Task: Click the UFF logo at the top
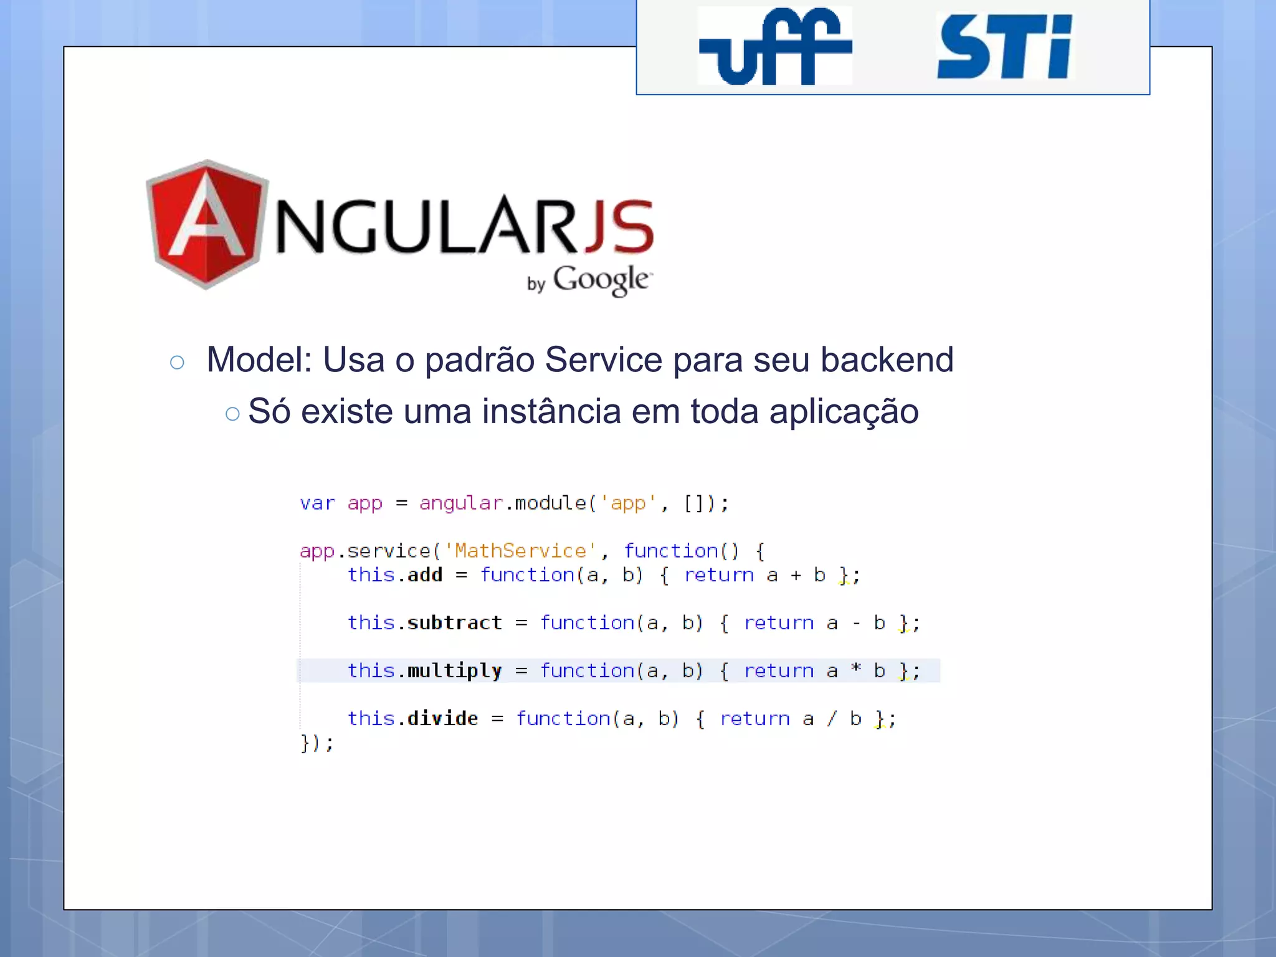click(x=774, y=46)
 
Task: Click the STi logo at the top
click(x=1004, y=47)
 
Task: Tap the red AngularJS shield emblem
click(x=206, y=224)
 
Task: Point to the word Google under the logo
click(x=601, y=280)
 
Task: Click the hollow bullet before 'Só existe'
click(x=232, y=414)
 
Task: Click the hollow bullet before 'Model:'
click(x=177, y=363)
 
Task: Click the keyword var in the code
click(x=317, y=503)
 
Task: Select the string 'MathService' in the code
click(x=520, y=551)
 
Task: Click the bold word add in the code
click(x=425, y=574)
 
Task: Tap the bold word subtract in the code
click(x=454, y=622)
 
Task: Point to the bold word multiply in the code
click(x=454, y=671)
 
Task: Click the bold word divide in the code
click(x=442, y=718)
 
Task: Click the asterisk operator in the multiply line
click(x=856, y=669)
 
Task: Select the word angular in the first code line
click(x=460, y=503)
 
